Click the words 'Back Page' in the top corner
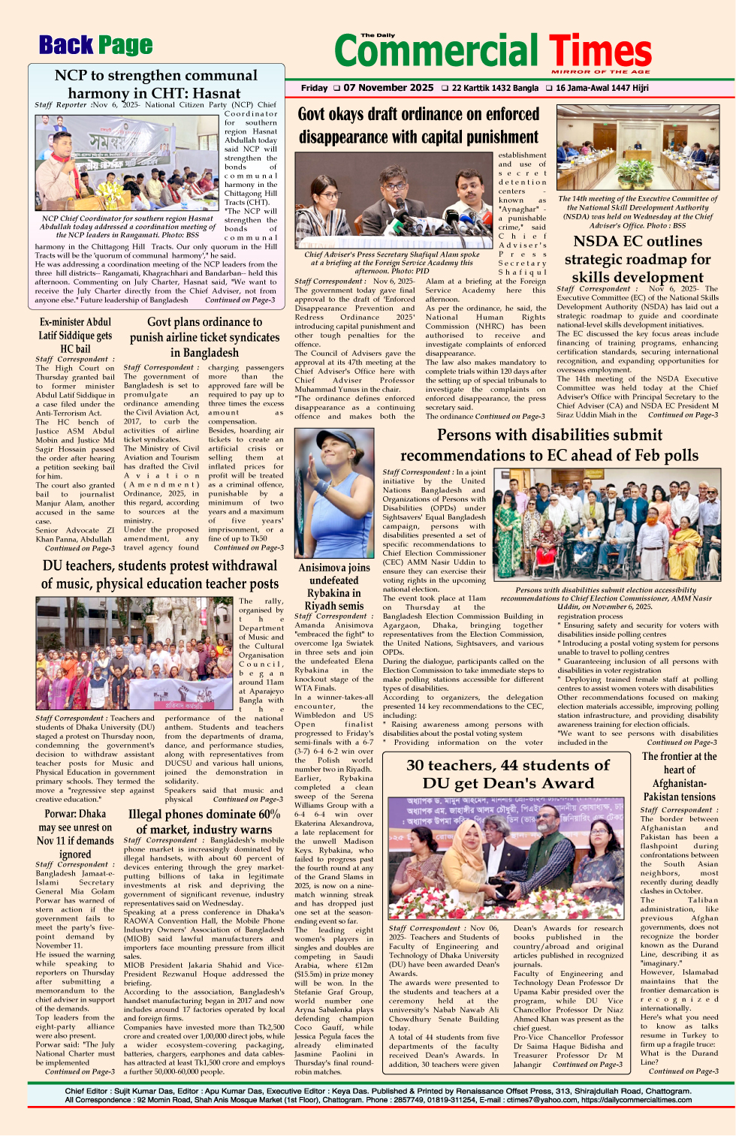[x=95, y=46]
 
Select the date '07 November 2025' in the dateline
[x=388, y=88]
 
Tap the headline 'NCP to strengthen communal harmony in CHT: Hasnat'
[x=156, y=84]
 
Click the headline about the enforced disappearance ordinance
[x=418, y=125]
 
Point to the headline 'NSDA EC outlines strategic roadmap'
[x=637, y=259]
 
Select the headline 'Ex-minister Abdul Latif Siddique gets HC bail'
[x=75, y=335]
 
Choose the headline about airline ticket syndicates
[x=204, y=337]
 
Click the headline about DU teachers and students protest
[x=159, y=574]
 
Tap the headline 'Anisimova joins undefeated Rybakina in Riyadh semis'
[x=333, y=586]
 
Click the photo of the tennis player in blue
[x=333, y=493]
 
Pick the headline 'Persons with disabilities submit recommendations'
[x=548, y=445]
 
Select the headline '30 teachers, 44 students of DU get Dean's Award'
[x=508, y=774]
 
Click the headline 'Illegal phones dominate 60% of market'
[x=204, y=821]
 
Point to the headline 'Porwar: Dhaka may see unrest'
[x=75, y=833]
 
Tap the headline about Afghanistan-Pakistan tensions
[x=679, y=776]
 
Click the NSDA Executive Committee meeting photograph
[x=637, y=149]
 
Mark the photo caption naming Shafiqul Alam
[x=391, y=258]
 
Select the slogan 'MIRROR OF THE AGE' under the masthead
[x=600, y=72]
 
